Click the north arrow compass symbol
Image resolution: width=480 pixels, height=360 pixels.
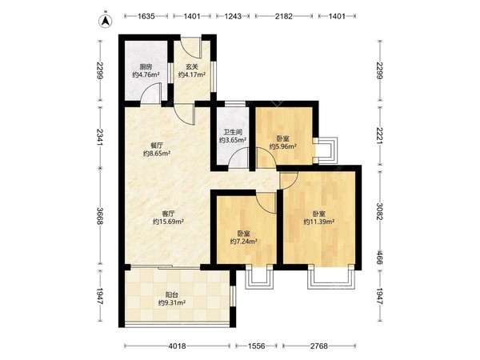tap(106, 19)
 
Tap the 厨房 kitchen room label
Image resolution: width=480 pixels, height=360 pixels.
tap(146, 66)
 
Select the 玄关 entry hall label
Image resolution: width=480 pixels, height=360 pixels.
tap(192, 66)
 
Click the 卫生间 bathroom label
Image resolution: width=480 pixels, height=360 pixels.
tap(233, 132)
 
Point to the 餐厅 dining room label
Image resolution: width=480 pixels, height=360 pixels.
tap(157, 146)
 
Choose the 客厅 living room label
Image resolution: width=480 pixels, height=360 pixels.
tap(168, 213)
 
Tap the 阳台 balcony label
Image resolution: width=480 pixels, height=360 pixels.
tap(172, 295)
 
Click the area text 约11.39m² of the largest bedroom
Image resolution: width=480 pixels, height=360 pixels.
tap(318, 222)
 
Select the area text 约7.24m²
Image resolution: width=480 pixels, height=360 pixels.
tap(243, 242)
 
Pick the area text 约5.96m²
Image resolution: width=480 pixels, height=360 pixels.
tap(282, 146)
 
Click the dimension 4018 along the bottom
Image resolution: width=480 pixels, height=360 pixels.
tap(177, 346)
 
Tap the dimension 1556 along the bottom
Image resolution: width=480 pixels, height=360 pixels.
tap(256, 346)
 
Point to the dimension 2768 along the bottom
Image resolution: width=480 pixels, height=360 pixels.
tap(319, 346)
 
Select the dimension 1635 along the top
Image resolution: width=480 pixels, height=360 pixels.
tap(146, 16)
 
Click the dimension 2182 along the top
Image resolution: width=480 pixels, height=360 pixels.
tap(283, 16)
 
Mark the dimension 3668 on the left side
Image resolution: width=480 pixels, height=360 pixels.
tap(100, 216)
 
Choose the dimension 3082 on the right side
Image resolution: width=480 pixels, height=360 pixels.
tap(379, 211)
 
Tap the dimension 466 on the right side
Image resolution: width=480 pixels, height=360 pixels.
tap(379, 258)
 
